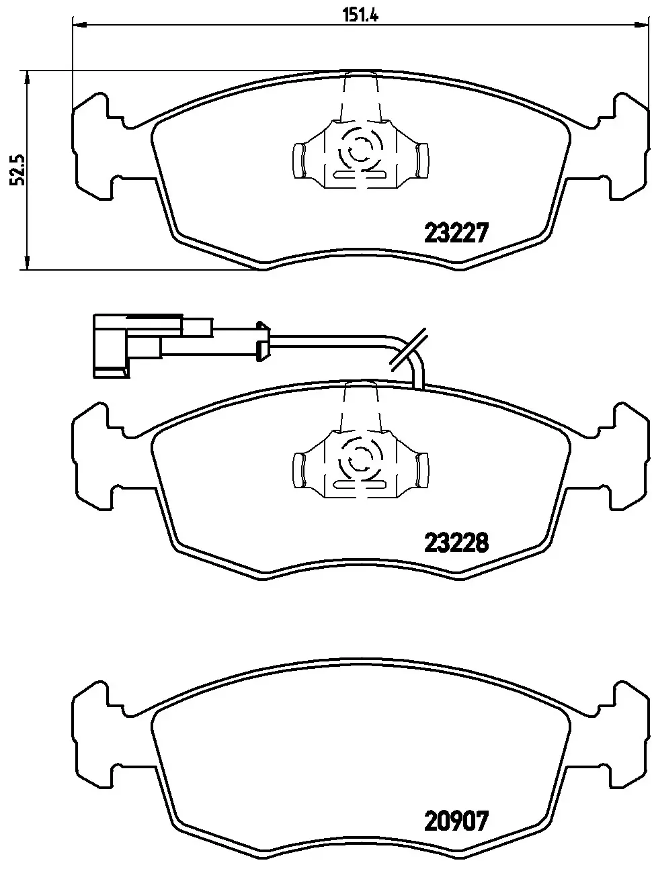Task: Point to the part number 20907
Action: [x=455, y=821]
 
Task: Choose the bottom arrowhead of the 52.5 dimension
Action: [x=27, y=263]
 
